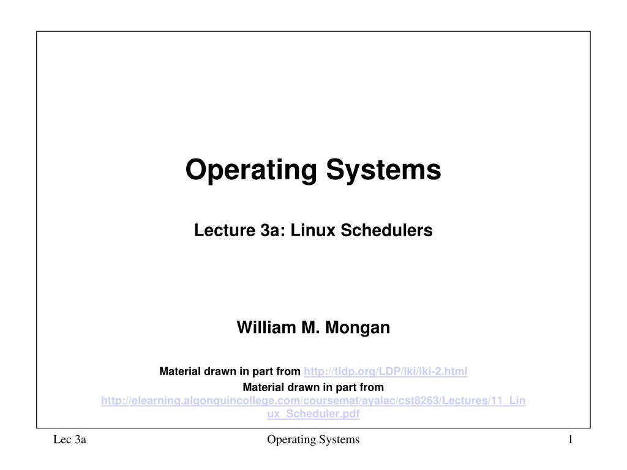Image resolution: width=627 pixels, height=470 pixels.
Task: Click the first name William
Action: point(265,328)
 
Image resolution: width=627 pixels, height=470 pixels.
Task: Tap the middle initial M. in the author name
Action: point(310,328)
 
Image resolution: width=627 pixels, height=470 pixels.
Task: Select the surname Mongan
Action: point(358,328)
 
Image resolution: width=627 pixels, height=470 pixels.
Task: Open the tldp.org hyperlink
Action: point(386,371)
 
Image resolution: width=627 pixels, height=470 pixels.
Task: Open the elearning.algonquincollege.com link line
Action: point(313,400)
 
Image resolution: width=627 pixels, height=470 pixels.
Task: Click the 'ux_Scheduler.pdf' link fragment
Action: point(313,414)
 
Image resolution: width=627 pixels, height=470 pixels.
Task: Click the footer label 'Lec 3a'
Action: point(69,439)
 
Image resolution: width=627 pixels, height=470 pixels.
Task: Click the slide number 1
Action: point(569,439)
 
